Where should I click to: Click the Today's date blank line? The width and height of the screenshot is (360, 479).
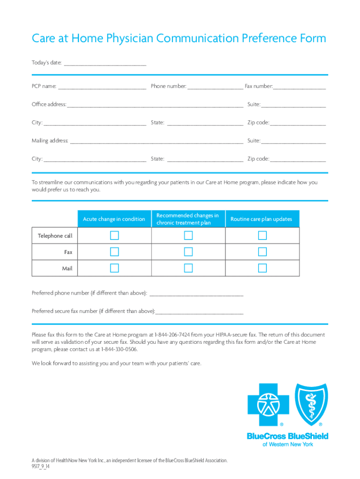[105, 63]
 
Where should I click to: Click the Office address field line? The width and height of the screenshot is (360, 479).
[155, 105]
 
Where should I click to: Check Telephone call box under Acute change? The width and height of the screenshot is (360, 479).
[115, 236]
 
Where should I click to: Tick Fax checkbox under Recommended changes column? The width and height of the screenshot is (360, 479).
[188, 252]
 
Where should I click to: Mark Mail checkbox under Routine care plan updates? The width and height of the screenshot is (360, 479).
[262, 268]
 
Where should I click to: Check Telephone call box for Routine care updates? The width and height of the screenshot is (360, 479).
[262, 236]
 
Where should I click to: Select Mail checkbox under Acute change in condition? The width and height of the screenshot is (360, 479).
[115, 268]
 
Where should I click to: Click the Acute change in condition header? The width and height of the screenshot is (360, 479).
[114, 219]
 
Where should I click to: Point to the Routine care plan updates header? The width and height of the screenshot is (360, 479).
[261, 219]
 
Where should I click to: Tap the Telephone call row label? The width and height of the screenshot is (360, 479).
[55, 236]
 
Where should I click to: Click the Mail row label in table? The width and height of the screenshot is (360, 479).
[67, 269]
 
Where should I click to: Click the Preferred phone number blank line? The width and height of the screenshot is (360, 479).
[196, 294]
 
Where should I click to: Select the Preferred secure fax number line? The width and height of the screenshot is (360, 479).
[200, 312]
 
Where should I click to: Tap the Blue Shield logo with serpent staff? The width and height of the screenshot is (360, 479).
[311, 404]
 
